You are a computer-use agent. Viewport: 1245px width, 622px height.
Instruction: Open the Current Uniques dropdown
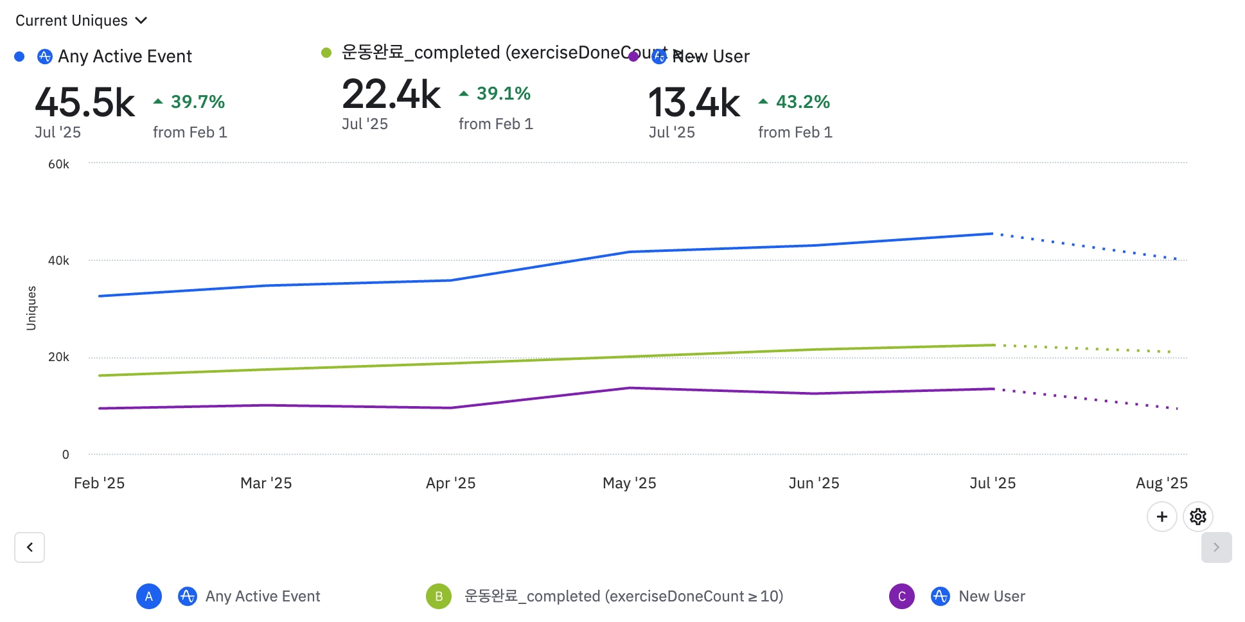[x=82, y=21]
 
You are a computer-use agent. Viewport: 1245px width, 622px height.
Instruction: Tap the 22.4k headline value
[x=391, y=94]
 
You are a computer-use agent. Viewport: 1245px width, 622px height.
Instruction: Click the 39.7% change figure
[x=197, y=102]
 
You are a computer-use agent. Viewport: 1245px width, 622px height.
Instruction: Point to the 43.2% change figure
[x=802, y=102]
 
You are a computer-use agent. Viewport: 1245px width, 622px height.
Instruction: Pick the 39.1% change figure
[x=503, y=94]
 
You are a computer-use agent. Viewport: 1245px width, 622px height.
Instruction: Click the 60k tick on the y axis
[x=58, y=164]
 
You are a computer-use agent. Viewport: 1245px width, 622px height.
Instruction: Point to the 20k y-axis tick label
[x=58, y=357]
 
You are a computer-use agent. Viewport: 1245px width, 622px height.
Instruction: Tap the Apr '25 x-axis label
[x=450, y=483]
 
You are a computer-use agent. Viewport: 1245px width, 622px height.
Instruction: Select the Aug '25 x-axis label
[x=1161, y=483]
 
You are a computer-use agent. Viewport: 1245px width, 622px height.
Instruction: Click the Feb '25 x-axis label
[x=99, y=483]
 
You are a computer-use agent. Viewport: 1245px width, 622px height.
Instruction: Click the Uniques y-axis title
[x=31, y=308]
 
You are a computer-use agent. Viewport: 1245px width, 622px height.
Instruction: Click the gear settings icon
[x=1197, y=517]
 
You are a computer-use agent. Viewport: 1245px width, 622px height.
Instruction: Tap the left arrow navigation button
[x=30, y=547]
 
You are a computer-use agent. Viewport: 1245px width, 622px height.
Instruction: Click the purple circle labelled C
[x=901, y=596]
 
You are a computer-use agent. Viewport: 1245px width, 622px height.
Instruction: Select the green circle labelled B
[x=439, y=596]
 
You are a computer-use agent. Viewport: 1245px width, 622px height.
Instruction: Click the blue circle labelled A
[x=148, y=596]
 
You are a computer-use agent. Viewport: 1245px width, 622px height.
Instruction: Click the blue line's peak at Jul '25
[x=993, y=234]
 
